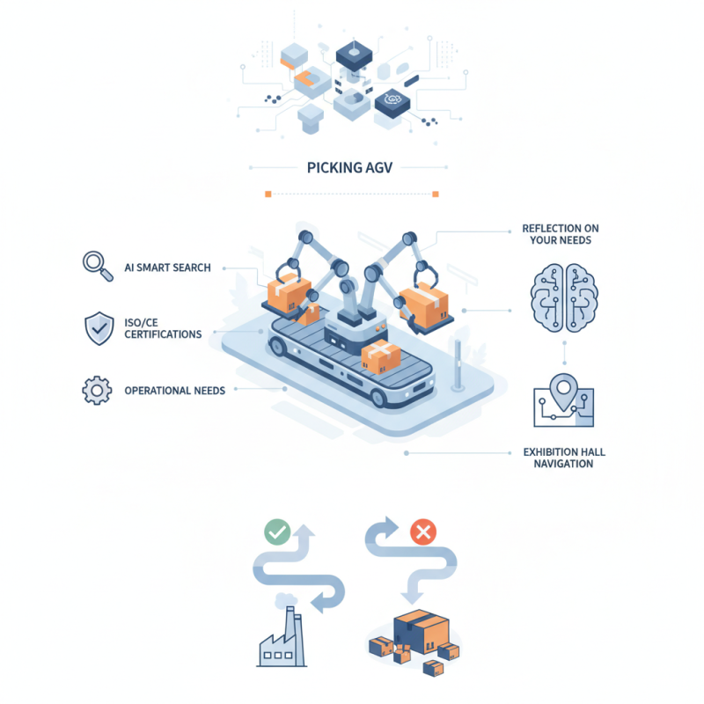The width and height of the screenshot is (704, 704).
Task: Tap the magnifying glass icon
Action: coord(96,266)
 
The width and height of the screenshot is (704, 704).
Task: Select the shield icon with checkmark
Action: coord(97,327)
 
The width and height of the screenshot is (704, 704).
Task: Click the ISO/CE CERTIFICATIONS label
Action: coord(164,328)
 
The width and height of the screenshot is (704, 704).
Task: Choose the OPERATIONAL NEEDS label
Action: coord(174,390)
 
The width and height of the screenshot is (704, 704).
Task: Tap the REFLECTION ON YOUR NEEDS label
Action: coord(561,235)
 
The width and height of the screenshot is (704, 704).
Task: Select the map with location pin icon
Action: coord(563,401)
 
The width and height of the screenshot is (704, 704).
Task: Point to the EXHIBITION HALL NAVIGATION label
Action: coord(563,458)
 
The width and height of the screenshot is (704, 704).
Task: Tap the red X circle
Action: coord(423,532)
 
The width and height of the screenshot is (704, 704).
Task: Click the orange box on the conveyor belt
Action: coord(380,356)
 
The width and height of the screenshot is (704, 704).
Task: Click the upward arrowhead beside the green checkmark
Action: coord(305,532)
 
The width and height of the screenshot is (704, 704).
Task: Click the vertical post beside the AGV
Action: coord(456,365)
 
